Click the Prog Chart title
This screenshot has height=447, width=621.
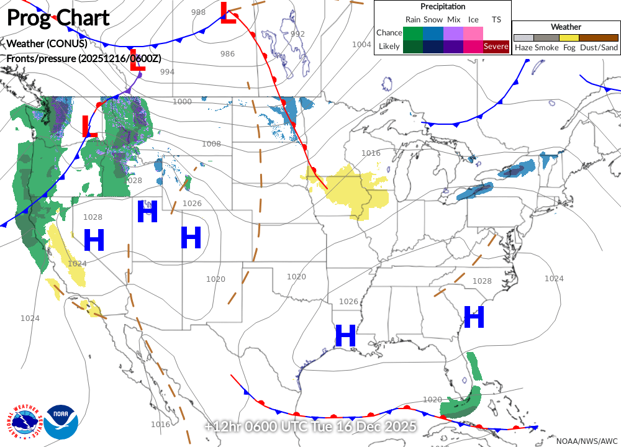tap(58, 17)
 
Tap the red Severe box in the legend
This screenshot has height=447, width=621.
tap(496, 46)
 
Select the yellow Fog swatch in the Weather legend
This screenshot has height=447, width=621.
tap(569, 37)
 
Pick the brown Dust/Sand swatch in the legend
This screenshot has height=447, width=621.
tap(599, 37)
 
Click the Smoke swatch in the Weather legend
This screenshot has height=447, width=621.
tap(546, 37)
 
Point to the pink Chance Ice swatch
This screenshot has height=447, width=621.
tap(473, 32)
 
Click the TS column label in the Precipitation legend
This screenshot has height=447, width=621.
tap(496, 19)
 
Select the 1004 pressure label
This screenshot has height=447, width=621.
tap(361, 44)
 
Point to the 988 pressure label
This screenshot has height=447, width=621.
tap(198, 12)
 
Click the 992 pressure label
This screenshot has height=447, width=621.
tap(297, 34)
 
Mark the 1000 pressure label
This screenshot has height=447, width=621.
tap(182, 101)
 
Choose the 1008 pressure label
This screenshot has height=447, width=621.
tap(211, 143)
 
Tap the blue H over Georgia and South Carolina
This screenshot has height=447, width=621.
tap(474, 317)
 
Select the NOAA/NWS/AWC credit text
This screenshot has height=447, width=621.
tap(586, 440)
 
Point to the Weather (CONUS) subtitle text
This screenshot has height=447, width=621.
tap(47, 43)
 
